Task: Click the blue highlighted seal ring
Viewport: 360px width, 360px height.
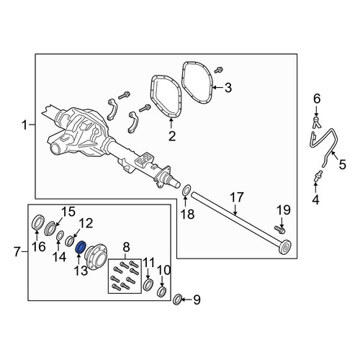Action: coord(80,248)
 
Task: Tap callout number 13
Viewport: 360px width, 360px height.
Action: coord(81,271)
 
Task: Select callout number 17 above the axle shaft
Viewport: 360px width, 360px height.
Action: coord(237,197)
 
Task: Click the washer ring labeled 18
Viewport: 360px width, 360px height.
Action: coord(186,191)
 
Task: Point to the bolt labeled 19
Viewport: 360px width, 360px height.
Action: coord(279,230)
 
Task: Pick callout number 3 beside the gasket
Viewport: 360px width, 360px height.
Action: coord(228,88)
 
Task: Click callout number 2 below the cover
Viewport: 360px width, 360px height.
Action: coord(172,136)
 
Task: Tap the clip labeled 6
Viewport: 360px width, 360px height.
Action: coord(317,122)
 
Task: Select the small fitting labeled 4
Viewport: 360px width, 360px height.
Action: coord(318,176)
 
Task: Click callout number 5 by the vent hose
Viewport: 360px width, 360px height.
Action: coord(343,165)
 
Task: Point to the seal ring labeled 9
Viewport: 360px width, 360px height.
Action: coord(177,300)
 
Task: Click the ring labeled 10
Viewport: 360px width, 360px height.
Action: coord(161,291)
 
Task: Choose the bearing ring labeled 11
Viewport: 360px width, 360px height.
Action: coord(148,284)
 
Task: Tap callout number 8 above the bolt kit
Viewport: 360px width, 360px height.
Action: coord(126,247)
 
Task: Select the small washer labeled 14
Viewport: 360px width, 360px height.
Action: coord(60,235)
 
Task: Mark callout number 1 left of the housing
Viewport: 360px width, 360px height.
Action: coord(24,125)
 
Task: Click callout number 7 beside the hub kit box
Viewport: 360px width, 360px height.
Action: coord(17,252)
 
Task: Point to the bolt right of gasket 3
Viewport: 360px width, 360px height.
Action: coord(219,70)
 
